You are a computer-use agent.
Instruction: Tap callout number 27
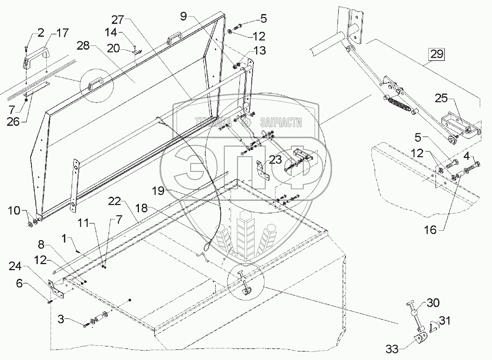coord(118,19)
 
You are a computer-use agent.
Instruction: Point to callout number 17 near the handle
coord(62,33)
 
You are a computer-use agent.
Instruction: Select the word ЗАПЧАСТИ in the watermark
coord(281,122)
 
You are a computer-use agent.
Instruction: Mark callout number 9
coord(184,16)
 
